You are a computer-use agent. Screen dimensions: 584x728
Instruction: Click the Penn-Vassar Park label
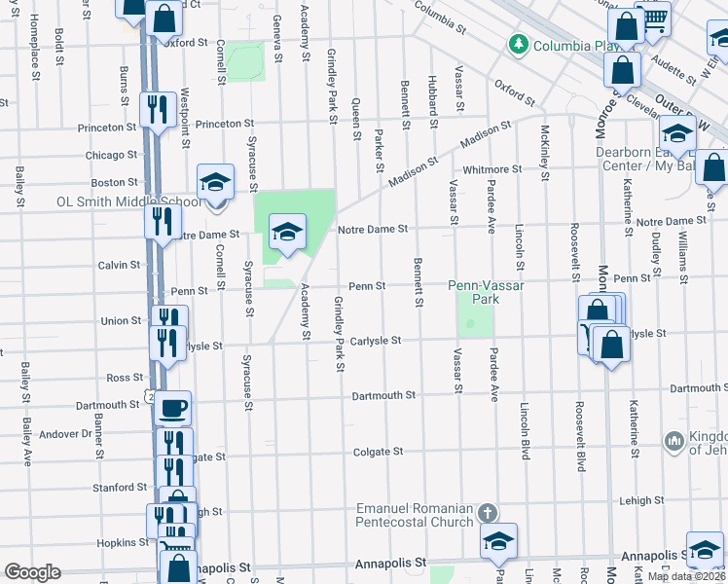pyautogui.click(x=474, y=292)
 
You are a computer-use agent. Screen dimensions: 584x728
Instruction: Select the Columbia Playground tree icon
pyautogui.click(x=519, y=45)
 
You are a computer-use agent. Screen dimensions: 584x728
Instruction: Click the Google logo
pyautogui.click(x=32, y=572)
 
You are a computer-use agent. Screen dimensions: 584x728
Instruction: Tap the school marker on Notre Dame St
pyautogui.click(x=287, y=234)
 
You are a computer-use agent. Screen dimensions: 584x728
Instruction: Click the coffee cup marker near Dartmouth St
pyautogui.click(x=173, y=408)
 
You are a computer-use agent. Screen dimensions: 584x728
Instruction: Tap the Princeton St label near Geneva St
pyautogui.click(x=224, y=124)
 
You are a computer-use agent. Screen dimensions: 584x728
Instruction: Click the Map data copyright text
pyautogui.click(x=687, y=576)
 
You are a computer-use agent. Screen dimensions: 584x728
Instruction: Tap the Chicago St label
pyautogui.click(x=111, y=155)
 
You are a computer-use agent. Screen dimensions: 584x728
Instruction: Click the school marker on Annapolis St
pyautogui.click(x=498, y=543)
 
